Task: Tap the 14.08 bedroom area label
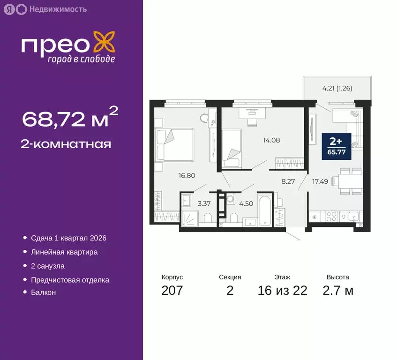click(271, 139)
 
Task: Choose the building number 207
click(172, 291)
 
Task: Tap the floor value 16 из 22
click(282, 291)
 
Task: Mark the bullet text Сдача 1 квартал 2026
click(68, 238)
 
